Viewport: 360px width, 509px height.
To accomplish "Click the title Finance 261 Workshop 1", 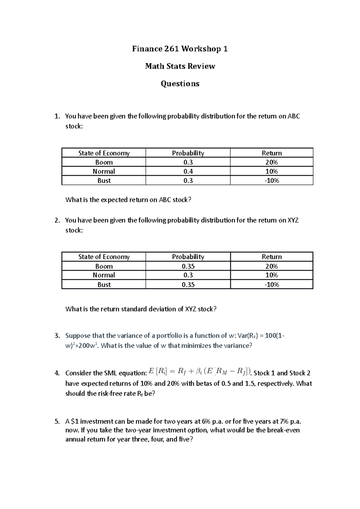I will coord(180,49).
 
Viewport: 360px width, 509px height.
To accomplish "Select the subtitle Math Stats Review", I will coord(180,66).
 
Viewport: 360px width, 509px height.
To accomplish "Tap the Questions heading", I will coord(180,84).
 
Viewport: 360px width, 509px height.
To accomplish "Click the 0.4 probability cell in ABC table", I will coord(188,171).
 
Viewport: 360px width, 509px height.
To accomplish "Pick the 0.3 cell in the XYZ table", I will coord(188,275).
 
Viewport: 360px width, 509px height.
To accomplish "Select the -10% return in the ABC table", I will coord(271,181).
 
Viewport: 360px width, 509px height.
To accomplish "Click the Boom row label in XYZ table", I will coord(104,266).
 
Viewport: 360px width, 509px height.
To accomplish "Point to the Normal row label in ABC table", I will coord(104,171).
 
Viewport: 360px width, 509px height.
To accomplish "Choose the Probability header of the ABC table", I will coord(188,153).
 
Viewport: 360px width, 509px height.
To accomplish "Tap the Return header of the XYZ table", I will coord(271,257).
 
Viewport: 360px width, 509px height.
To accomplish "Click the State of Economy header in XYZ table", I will coord(104,257).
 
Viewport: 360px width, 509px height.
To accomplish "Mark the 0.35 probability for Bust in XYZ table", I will coord(188,284).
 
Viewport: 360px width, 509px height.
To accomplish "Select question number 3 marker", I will coord(57,336).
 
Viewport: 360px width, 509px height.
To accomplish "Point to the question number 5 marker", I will coord(57,421).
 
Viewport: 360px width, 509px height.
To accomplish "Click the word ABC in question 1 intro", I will coord(294,116).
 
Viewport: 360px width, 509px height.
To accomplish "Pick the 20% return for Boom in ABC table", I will coord(271,162).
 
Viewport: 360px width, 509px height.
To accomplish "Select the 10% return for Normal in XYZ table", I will coord(271,275).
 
